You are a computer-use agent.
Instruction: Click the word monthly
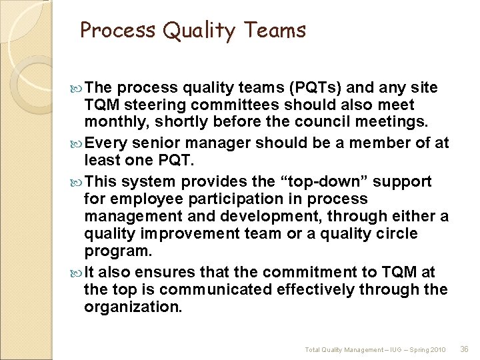coord(111,123)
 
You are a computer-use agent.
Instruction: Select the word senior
coord(156,143)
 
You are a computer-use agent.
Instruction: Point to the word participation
coord(234,199)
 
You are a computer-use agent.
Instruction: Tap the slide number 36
coord(465,349)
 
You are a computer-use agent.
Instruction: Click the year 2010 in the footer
coord(437,349)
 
